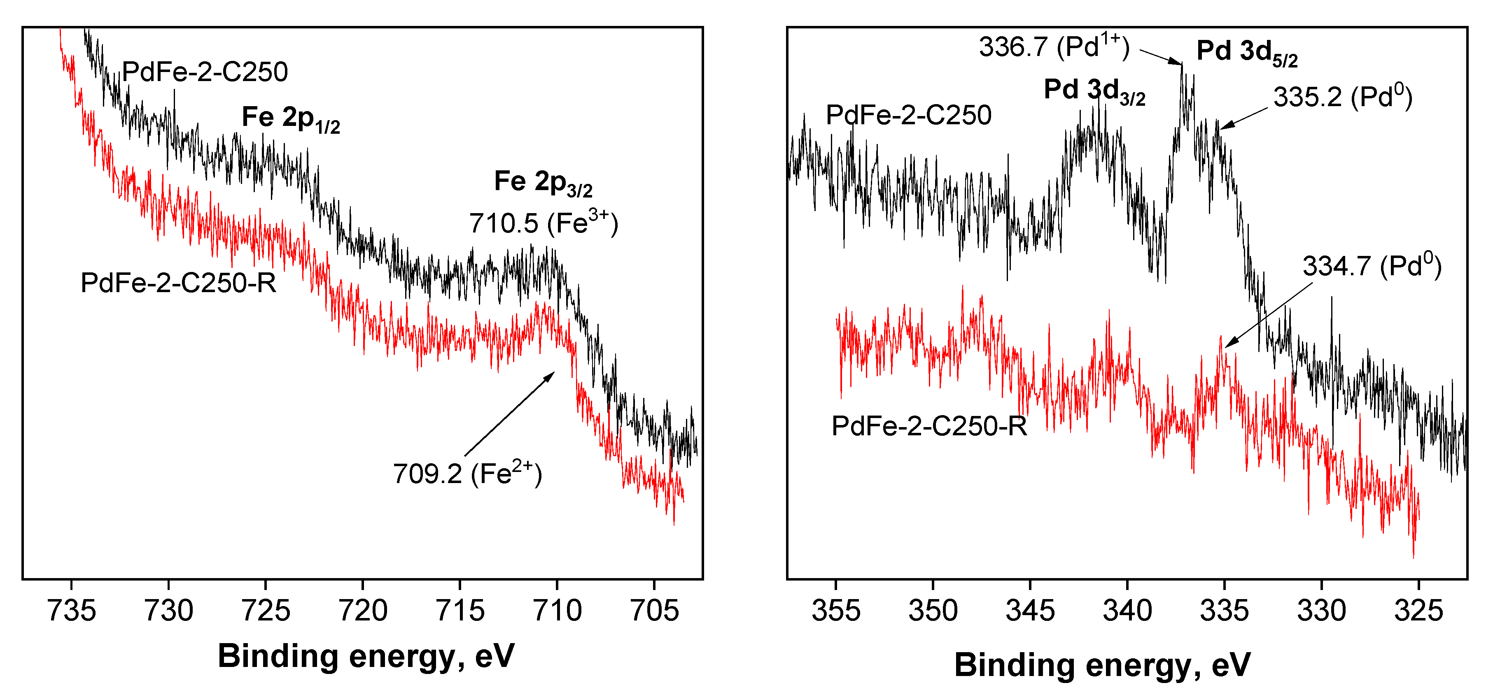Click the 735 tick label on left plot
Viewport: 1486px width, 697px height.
point(72,611)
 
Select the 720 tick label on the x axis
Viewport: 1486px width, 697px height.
point(363,611)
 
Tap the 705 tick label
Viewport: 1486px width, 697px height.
point(655,611)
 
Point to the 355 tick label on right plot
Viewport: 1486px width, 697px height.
point(836,611)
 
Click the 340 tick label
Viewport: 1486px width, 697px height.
point(1127,611)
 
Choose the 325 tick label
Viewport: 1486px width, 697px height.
point(1418,611)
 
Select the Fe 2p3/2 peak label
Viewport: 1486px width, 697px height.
point(543,183)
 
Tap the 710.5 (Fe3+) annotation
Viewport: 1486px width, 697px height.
point(543,223)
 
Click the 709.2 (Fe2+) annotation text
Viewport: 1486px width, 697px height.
point(467,474)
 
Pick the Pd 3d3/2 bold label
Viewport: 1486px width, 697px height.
point(1094,91)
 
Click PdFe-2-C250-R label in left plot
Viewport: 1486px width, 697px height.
point(178,283)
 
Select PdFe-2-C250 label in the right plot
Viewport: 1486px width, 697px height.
point(909,115)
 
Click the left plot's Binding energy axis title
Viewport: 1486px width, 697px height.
point(366,656)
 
